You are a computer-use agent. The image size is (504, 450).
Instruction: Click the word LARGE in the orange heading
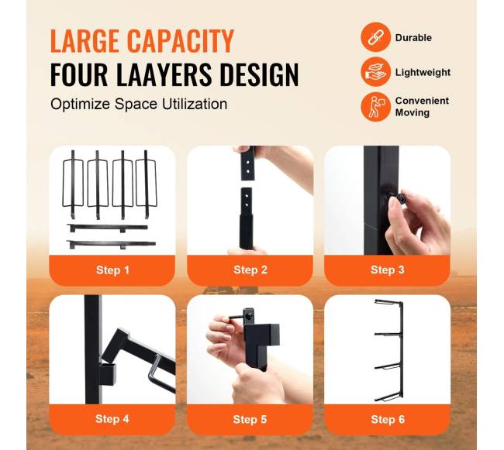coord(85,41)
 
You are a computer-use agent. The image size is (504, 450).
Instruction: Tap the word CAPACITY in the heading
coord(181,41)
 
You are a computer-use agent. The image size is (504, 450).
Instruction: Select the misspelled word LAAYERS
coord(164,74)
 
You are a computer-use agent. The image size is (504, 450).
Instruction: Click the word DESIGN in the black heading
coord(260,74)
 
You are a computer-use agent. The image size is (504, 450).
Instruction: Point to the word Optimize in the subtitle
coord(80,105)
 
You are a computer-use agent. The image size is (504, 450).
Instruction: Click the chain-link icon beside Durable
coord(375,37)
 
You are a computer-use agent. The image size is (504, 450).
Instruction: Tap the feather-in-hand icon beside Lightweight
coord(375,72)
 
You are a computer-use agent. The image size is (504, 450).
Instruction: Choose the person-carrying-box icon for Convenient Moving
coord(375,107)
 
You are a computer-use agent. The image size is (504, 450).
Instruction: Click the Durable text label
coord(413,37)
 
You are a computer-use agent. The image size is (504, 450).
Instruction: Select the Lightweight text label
coord(423,73)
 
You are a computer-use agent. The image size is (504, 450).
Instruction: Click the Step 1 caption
coord(112,270)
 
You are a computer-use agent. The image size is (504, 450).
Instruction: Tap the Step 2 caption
coord(250,270)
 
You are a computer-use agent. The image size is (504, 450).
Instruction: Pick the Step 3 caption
coord(388,270)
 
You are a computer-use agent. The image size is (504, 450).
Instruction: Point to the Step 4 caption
coord(112,419)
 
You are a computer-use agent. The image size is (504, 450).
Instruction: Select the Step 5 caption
coord(250,420)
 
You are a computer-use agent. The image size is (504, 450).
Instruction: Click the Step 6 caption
coord(388,420)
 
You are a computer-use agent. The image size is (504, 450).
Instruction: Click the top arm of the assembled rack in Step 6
coord(388,302)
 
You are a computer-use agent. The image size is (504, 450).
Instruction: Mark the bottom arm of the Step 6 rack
coord(388,399)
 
